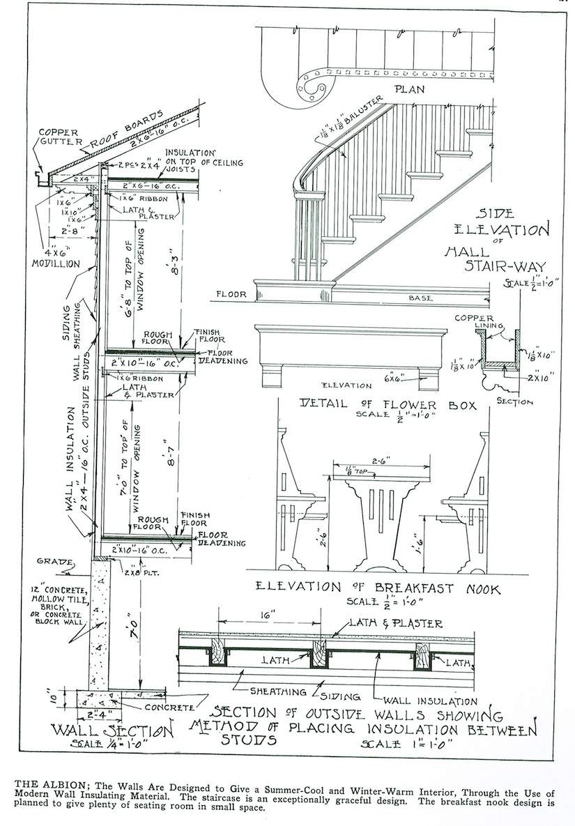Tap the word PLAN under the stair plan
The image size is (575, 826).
(409, 89)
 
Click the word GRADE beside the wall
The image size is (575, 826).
(55, 560)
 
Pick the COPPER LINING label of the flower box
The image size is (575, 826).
(473, 323)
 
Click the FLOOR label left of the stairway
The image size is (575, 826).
(231, 294)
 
